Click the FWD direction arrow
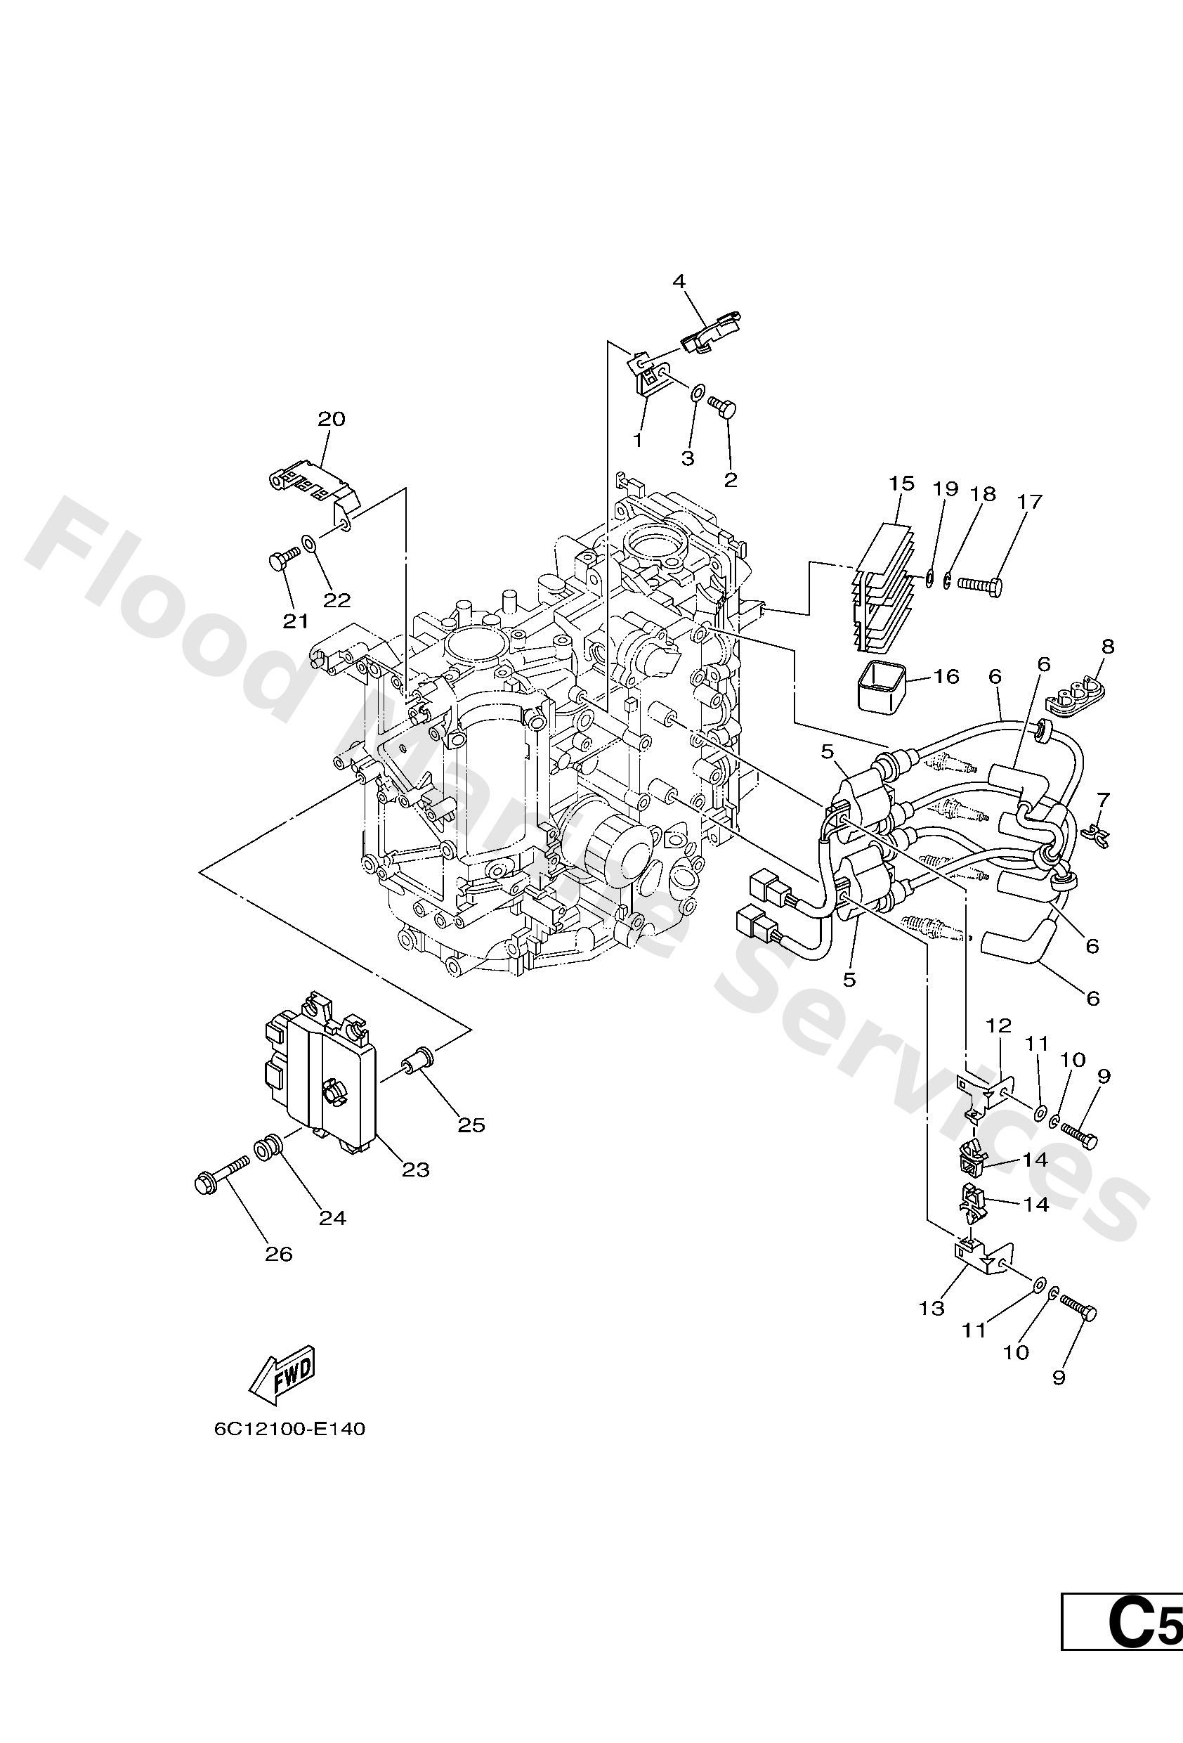tap(282, 1376)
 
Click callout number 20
tap(332, 418)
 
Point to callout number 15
tap(902, 483)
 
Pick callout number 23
tap(416, 1169)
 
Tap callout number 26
tap(278, 1253)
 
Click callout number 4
tap(679, 281)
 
